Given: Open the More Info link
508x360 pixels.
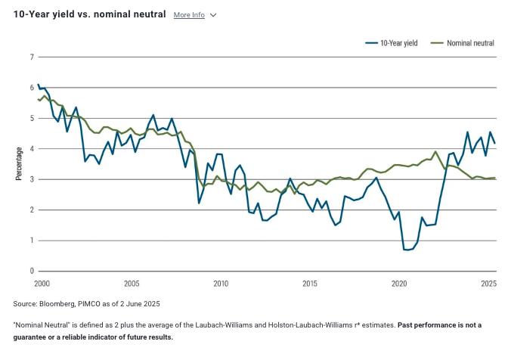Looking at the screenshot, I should pos(189,15).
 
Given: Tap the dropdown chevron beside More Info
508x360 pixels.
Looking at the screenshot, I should pos(213,15).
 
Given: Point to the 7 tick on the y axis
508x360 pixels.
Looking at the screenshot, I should pos(31,57).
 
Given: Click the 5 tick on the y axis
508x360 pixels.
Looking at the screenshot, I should pos(31,118).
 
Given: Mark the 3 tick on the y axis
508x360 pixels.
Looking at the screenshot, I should pos(31,179).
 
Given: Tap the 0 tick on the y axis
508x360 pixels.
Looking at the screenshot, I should pos(31,271).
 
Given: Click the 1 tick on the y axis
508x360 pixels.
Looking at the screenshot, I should pos(31,241).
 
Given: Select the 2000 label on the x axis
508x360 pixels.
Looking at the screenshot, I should pos(42,284).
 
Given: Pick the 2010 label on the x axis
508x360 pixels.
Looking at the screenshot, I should pos(220,284).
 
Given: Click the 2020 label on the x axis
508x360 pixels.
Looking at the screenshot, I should pos(398,284).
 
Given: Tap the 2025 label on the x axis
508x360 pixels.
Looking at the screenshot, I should pos(488,284).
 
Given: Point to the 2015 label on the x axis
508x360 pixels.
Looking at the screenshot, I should pos(309,284).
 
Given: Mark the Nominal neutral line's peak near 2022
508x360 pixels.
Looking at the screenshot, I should pos(435,152).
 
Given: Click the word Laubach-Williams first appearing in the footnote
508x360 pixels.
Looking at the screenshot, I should pos(226,324).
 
